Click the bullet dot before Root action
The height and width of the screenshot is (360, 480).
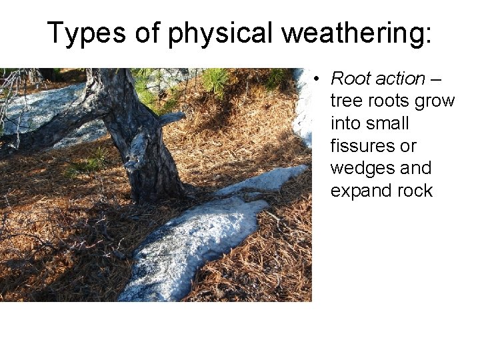(x=319, y=79)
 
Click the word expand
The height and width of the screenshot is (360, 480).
(x=361, y=191)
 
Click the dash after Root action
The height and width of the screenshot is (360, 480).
(x=436, y=79)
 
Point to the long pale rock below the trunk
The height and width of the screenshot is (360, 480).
(x=193, y=240)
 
